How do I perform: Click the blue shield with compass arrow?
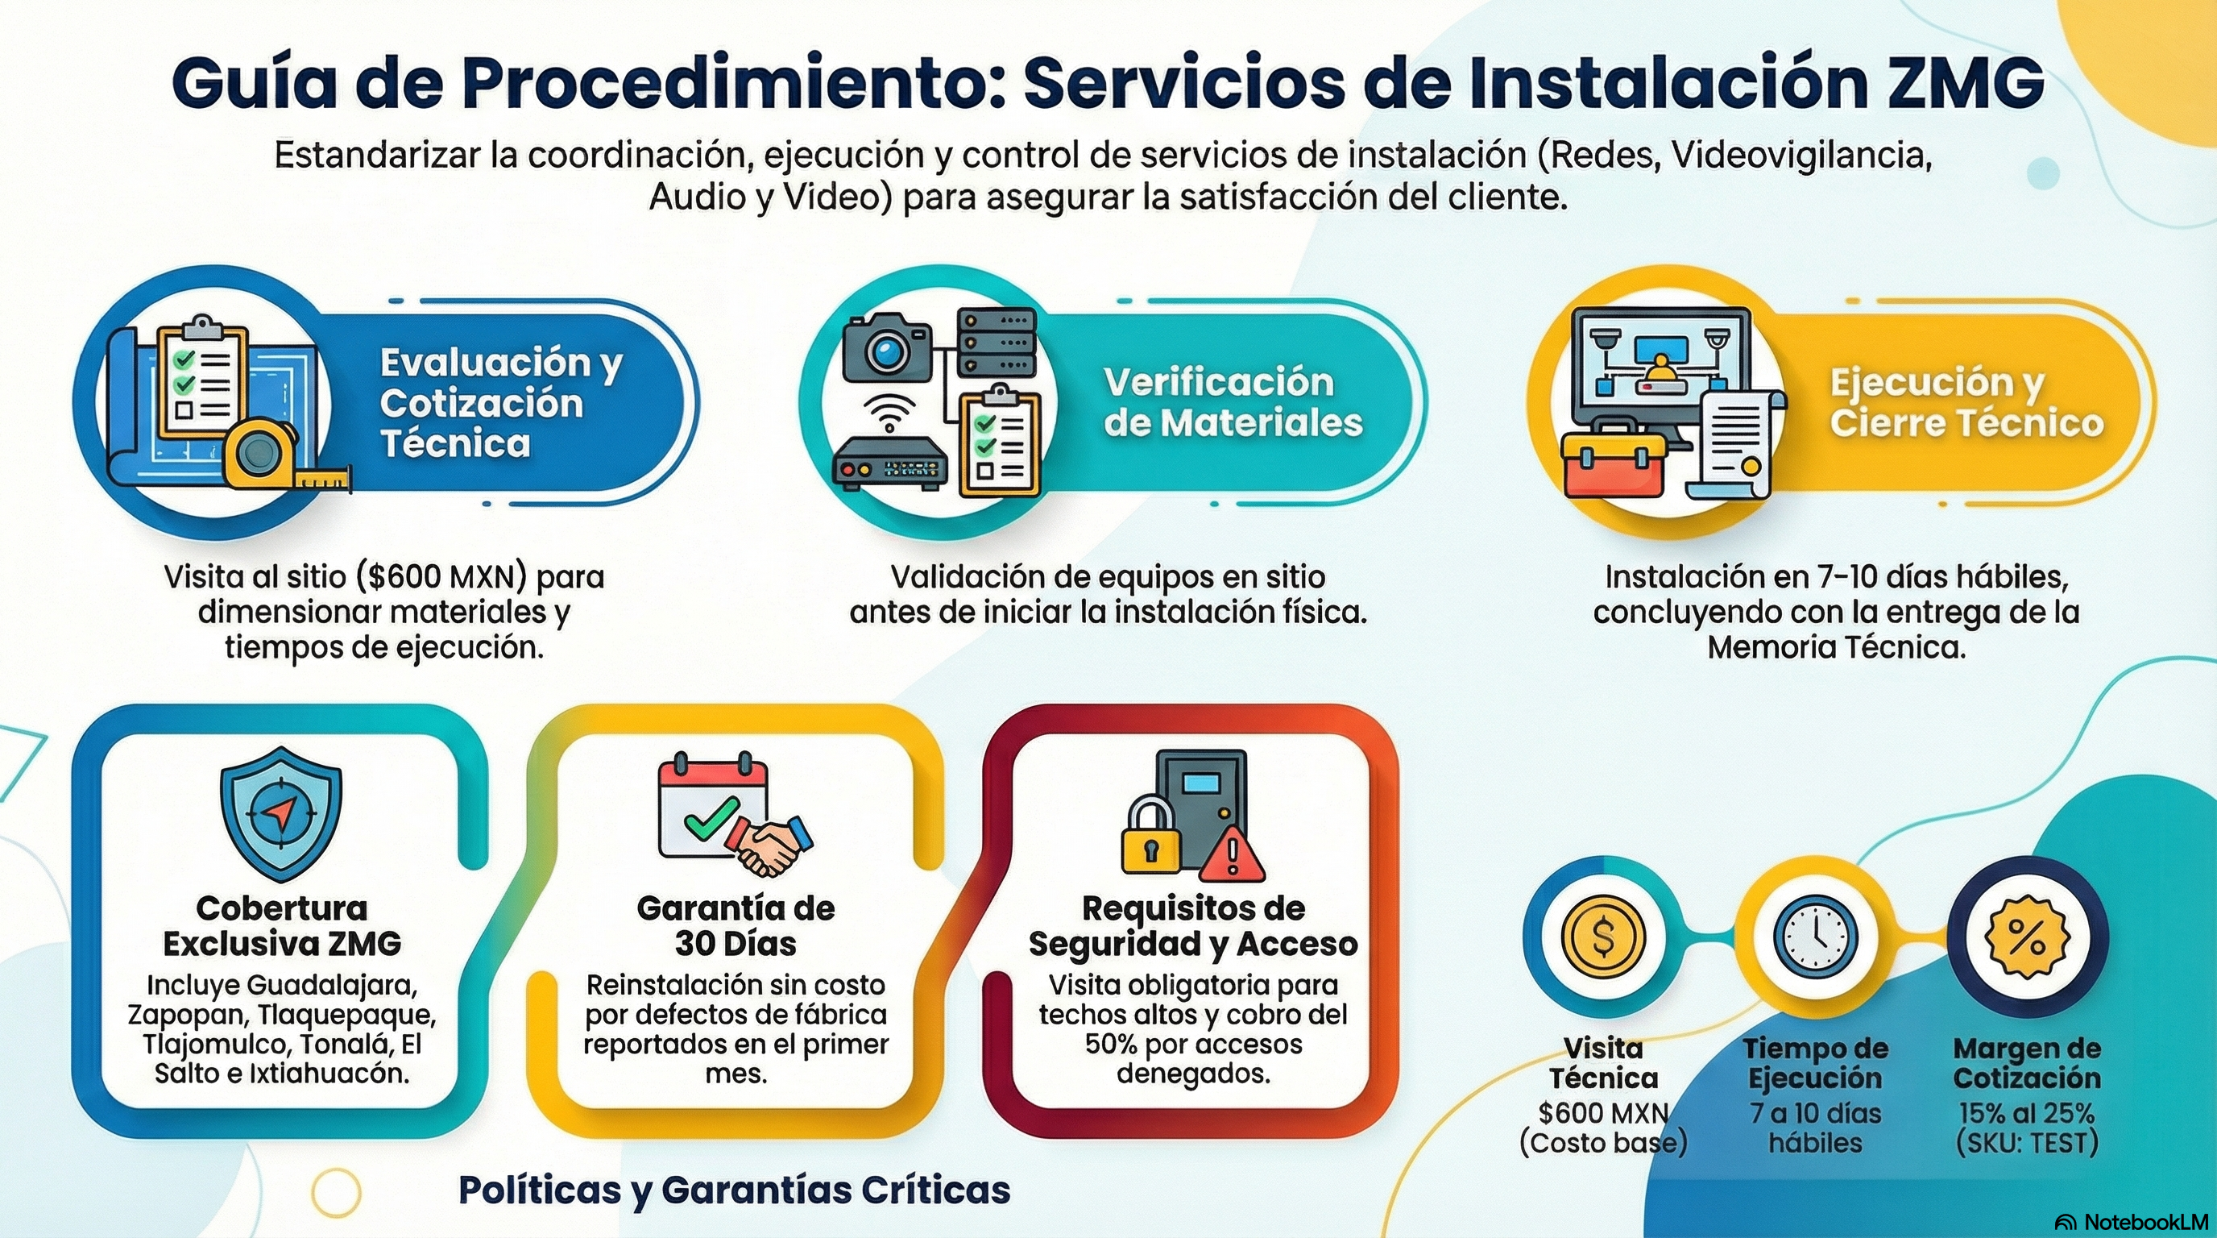280,812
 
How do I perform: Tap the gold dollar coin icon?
1602,937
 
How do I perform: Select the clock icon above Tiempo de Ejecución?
1815,937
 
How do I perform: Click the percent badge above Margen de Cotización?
2026,937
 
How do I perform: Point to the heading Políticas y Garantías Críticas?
734,1190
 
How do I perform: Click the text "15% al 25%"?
2026,1113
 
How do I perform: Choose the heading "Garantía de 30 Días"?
736,925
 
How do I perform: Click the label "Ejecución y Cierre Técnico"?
1966,403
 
